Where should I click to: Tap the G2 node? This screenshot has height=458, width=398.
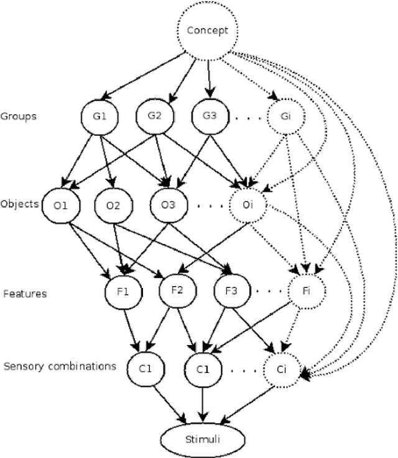(154, 116)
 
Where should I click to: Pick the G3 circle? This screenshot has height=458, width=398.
(208, 116)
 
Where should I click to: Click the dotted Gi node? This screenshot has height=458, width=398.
(286, 116)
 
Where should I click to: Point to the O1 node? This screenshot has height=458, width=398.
(60, 205)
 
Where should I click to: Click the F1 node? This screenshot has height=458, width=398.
(123, 292)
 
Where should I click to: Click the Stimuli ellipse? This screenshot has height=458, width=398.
(201, 439)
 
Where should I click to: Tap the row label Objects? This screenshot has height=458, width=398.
(19, 204)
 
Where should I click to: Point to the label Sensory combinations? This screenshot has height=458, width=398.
(60, 366)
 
